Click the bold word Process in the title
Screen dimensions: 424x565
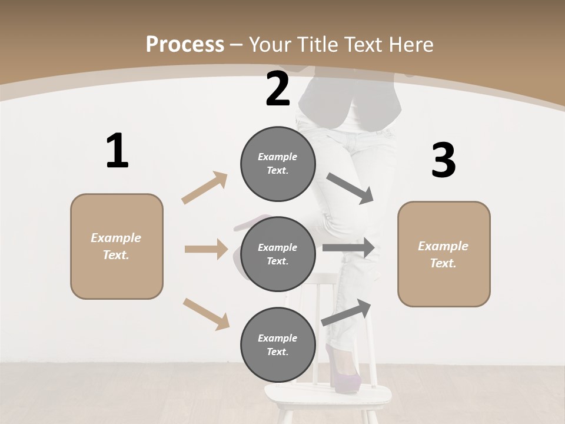pyautogui.click(x=185, y=44)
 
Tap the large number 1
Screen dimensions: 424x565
pyautogui.click(x=117, y=151)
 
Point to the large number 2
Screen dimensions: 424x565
pyautogui.click(x=278, y=89)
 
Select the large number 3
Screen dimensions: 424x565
pyautogui.click(x=443, y=161)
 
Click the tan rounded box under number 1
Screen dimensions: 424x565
pyautogui.click(x=117, y=246)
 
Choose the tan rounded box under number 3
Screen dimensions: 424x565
pyautogui.click(x=444, y=254)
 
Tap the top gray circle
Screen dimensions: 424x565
pyautogui.click(x=278, y=164)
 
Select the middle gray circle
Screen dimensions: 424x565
pyautogui.click(x=278, y=254)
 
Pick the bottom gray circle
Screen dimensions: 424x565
pyautogui.click(x=278, y=345)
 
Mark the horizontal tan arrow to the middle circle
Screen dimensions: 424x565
pyautogui.click(x=206, y=249)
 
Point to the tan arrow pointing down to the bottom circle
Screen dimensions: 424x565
pyautogui.click(x=206, y=313)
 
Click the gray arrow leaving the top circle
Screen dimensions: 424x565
pyautogui.click(x=350, y=188)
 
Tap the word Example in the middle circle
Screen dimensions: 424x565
pyautogui.click(x=277, y=247)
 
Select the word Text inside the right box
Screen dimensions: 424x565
pyautogui.click(x=443, y=263)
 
